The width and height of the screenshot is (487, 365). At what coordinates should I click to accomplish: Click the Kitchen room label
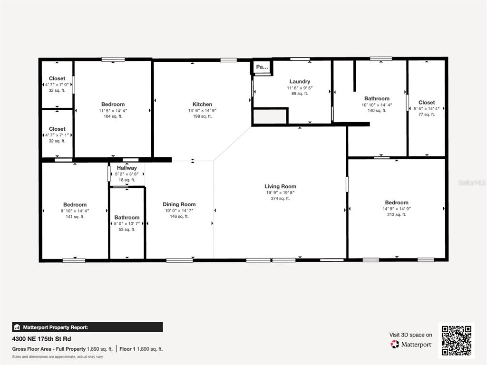(202, 105)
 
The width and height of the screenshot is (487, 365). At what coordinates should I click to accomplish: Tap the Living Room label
(280, 187)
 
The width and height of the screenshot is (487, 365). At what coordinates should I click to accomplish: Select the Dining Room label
(179, 205)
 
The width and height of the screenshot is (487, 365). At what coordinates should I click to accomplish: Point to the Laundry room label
(300, 82)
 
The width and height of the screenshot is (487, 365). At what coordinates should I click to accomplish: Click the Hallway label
(127, 168)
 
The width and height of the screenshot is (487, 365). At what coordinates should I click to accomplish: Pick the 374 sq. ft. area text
(280, 199)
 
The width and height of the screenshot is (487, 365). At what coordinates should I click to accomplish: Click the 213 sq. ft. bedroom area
(397, 215)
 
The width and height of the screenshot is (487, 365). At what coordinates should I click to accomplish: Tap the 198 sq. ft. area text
(202, 116)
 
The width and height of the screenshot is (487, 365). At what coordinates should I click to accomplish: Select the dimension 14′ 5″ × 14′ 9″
(397, 209)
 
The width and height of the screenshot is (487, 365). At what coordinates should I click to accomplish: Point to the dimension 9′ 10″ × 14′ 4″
(75, 211)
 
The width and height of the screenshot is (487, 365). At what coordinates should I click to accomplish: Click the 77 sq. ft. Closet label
(427, 103)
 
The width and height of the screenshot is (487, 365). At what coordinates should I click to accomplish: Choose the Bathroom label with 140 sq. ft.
(377, 99)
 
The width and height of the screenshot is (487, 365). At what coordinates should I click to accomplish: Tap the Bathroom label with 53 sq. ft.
(127, 218)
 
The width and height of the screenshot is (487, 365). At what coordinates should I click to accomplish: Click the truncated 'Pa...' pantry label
(262, 67)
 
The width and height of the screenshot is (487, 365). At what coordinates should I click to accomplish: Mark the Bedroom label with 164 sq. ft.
(113, 105)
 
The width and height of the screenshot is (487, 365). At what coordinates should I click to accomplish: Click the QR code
(456, 340)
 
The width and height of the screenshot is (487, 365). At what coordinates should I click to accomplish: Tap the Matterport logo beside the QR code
(411, 344)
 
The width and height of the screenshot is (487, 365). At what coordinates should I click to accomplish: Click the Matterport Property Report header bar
(87, 327)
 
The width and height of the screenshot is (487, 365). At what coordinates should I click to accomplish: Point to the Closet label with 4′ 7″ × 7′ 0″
(57, 78)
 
